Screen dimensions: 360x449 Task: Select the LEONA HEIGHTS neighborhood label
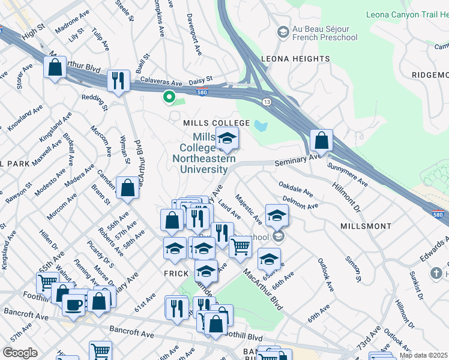(x=295, y=59)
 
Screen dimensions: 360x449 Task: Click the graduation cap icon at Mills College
(x=227, y=140)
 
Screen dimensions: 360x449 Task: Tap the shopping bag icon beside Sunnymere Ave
(x=322, y=141)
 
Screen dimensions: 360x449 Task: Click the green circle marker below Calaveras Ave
(x=169, y=95)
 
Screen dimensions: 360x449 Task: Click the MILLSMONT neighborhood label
(x=366, y=226)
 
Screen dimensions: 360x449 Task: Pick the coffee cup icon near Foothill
(x=74, y=305)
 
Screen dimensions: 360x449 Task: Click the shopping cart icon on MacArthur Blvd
(x=240, y=246)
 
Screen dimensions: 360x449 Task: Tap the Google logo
(x=20, y=353)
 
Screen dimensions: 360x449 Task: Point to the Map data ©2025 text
(x=424, y=355)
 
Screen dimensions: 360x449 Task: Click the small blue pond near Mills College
(x=260, y=126)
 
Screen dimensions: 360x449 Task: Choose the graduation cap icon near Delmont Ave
(x=277, y=215)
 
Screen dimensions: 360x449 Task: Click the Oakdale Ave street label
(x=296, y=190)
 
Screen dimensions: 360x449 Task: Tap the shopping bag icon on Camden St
(x=128, y=188)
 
